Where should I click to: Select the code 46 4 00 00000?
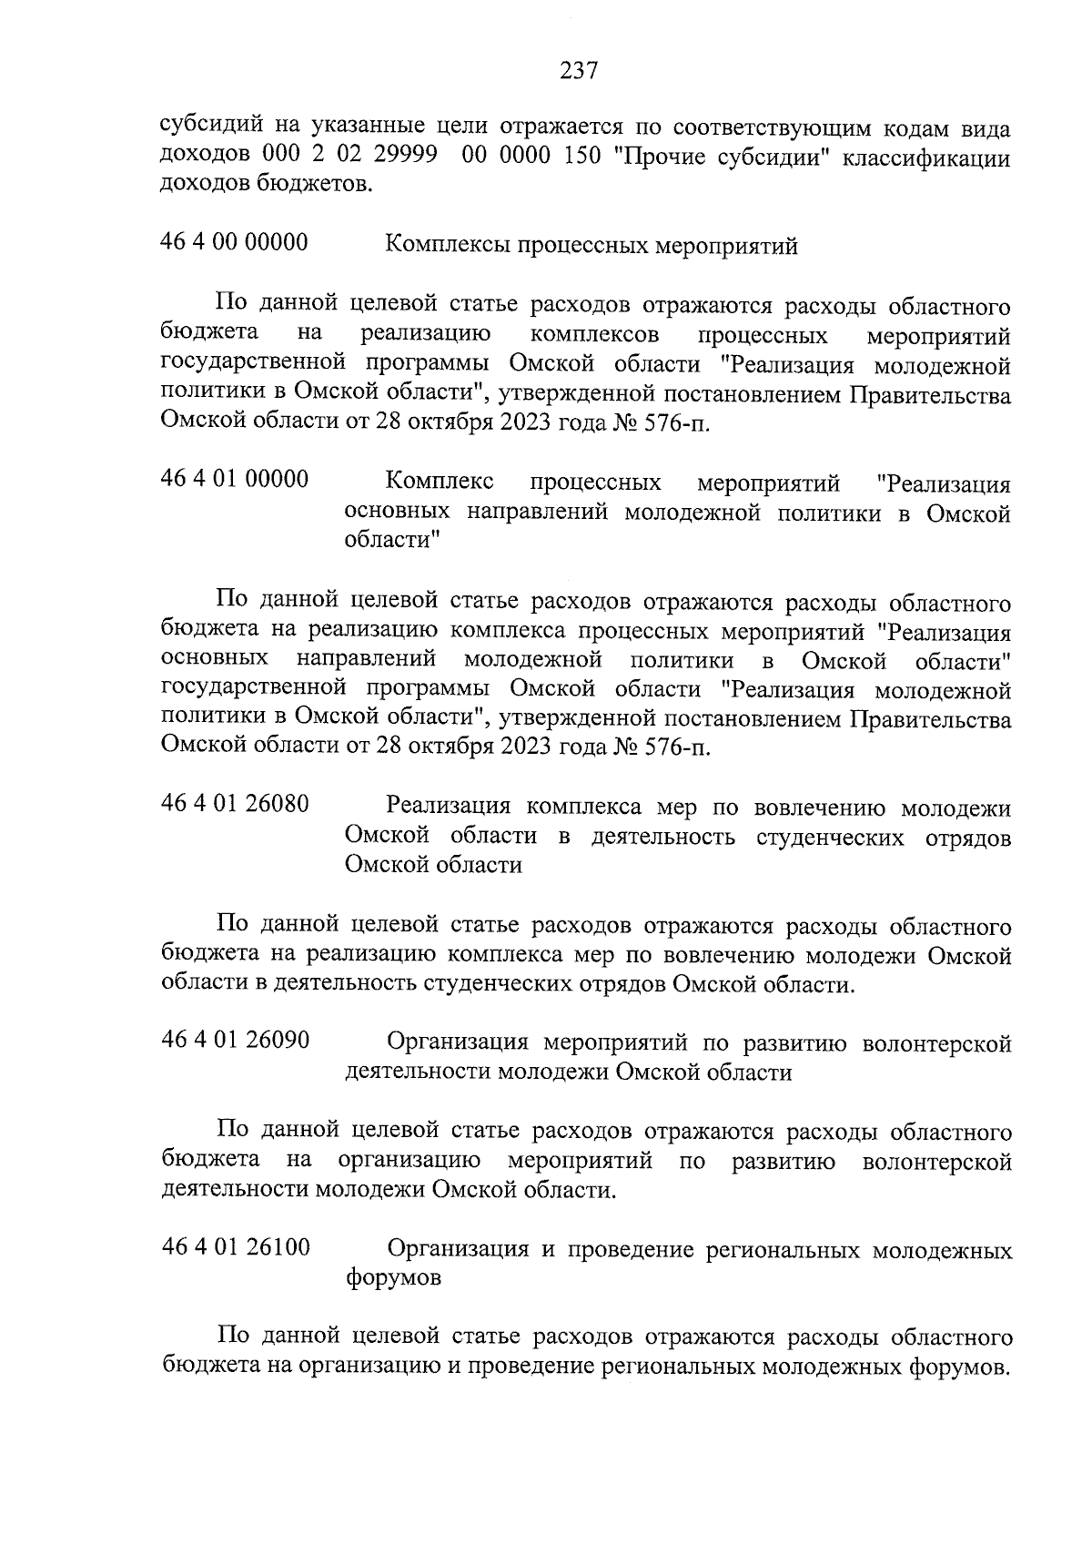234,243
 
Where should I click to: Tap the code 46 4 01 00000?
234,479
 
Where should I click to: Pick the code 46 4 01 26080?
235,805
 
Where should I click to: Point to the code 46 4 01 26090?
235,1041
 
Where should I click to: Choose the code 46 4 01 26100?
235,1247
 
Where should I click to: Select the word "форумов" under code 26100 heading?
393,1277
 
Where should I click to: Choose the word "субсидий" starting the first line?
212,127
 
